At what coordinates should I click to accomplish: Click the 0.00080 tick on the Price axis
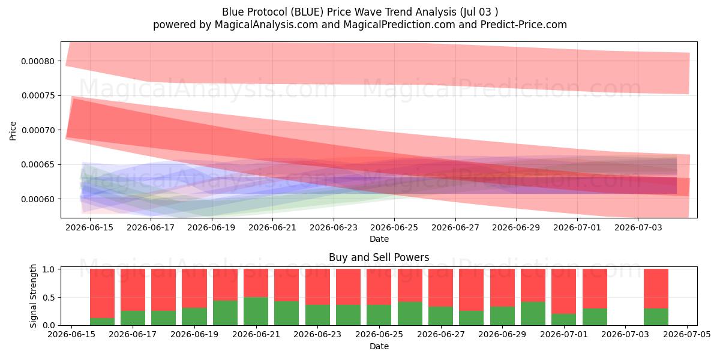38,61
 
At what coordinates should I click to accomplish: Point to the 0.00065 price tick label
38,164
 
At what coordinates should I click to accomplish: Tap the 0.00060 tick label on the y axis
38,199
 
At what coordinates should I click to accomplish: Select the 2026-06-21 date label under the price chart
272,227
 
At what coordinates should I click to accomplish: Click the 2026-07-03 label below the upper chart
638,227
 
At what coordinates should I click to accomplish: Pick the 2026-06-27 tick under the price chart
455,227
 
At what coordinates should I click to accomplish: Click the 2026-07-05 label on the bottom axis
687,334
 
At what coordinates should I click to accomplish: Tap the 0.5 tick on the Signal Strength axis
49,298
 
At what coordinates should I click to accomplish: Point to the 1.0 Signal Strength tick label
49,269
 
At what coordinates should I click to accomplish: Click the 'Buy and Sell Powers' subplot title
379,257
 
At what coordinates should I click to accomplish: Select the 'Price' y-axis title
13,131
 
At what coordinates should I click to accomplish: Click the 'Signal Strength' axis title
33,296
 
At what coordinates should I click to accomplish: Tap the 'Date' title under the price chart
379,239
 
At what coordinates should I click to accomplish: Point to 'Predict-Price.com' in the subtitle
524,25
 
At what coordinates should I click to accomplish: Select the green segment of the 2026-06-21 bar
256,311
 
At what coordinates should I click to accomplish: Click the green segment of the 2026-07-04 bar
656,317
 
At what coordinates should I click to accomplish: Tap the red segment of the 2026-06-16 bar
102,293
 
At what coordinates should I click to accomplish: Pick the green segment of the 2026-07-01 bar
564,319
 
